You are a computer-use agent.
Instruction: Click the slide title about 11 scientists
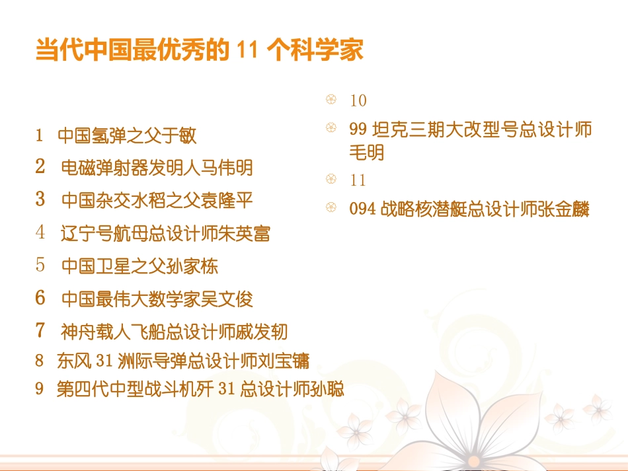pos(199,51)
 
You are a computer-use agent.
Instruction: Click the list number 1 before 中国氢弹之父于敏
pos(39,135)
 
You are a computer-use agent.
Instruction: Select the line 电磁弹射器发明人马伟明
pos(157,168)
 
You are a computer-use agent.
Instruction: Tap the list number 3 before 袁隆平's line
pos(40,199)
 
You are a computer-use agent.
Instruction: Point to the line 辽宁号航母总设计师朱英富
pos(165,233)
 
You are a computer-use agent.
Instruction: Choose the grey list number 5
pos(40,266)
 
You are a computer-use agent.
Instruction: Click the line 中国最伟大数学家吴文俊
pos(157,299)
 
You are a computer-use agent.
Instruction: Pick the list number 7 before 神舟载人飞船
pos(40,330)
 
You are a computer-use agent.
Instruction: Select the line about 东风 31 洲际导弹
pos(182,361)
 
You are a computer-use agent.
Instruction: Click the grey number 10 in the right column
pos(358,100)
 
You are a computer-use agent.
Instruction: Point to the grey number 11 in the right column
pos(358,180)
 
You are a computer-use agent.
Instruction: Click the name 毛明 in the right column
pos(366,153)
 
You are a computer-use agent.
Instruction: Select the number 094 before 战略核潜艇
pos(362,209)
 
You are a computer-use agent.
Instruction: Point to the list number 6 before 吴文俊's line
pos(40,298)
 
